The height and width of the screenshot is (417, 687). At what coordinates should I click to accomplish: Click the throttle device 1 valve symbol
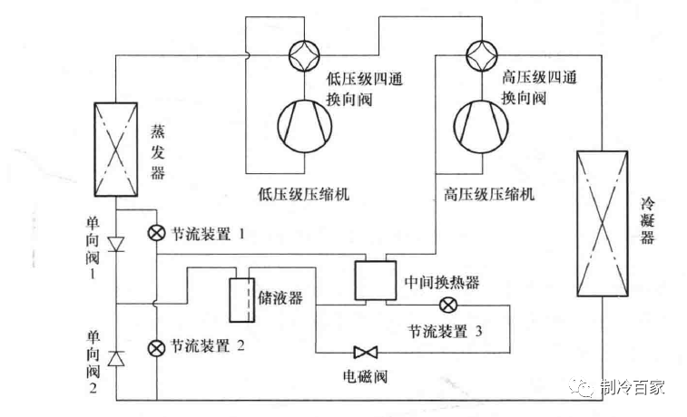click(x=157, y=233)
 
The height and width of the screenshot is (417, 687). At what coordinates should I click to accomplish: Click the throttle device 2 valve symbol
click(x=157, y=345)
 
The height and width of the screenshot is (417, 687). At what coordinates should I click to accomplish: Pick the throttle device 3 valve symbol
click(x=447, y=305)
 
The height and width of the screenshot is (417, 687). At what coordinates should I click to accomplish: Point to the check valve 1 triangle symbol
click(x=115, y=243)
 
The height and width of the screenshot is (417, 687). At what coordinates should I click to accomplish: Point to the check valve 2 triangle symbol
click(x=115, y=358)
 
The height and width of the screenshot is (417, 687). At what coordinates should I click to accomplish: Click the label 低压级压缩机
click(x=304, y=194)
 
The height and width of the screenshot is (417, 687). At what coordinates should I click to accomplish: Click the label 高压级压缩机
click(x=488, y=194)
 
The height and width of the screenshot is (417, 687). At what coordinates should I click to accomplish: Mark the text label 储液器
click(x=281, y=298)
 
